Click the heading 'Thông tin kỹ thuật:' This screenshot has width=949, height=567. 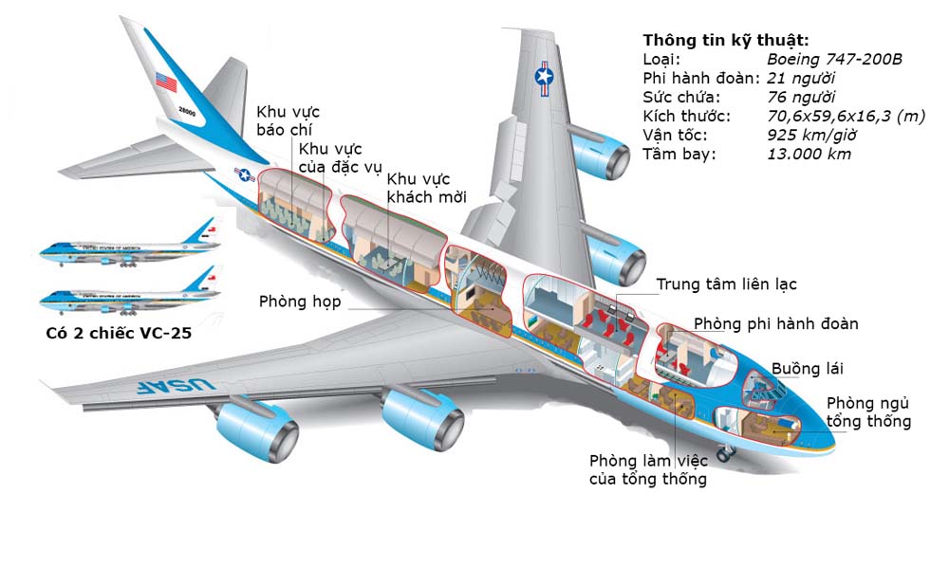coord(726,40)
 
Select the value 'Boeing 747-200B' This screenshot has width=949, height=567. coord(834,59)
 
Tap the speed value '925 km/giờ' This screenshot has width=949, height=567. coord(812,135)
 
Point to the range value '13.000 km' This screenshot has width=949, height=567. coord(809,154)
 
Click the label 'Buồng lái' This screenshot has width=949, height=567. coord(807,368)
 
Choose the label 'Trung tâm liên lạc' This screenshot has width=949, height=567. coord(727,284)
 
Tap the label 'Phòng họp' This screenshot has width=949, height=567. coord(299,302)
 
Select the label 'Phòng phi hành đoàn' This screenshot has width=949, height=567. coord(775,324)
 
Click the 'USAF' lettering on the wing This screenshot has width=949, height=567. coord(172,386)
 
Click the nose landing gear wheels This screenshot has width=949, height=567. coord(725,455)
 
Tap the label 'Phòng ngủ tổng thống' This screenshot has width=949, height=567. coord(868,412)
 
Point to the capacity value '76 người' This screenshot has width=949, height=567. coord(801,97)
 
